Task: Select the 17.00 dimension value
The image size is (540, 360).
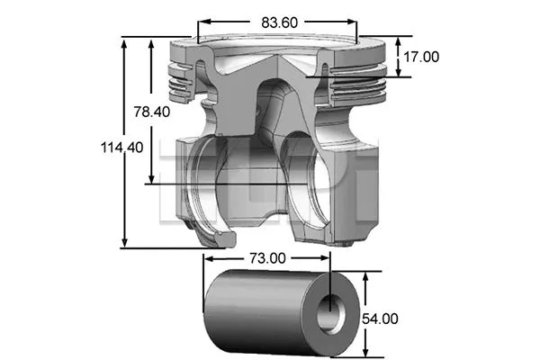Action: click(420, 56)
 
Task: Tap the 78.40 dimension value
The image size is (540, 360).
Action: click(151, 112)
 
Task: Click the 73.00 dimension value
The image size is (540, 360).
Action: click(266, 258)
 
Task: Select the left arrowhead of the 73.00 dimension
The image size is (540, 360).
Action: click(208, 258)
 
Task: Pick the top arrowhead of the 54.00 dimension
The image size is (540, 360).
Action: click(365, 277)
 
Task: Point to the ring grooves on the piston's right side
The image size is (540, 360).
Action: click(360, 81)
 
